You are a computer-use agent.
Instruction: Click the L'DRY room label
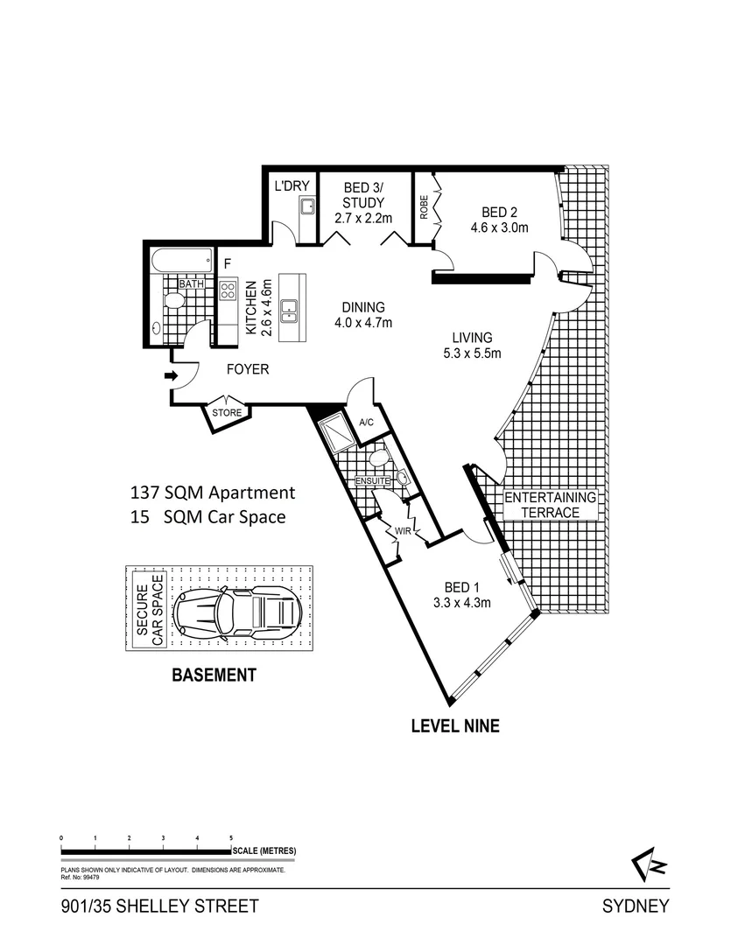click(x=292, y=185)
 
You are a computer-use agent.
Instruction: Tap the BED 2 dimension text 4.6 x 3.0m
click(x=499, y=227)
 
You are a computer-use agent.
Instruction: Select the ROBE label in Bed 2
click(x=424, y=206)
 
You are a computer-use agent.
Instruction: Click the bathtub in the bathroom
click(x=181, y=262)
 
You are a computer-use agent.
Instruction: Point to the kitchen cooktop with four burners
click(x=228, y=290)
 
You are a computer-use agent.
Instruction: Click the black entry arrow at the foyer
click(x=171, y=376)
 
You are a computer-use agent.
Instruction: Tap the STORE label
click(x=227, y=413)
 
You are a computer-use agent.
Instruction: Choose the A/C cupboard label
click(x=366, y=423)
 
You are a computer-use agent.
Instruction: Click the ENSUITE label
click(x=372, y=481)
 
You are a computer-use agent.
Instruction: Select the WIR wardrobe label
click(x=403, y=531)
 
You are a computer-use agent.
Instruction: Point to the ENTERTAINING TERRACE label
click(x=550, y=505)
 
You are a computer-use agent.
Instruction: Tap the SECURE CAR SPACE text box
click(x=151, y=609)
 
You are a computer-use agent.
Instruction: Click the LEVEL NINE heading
click(x=455, y=725)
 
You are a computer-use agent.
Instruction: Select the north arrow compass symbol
click(x=649, y=864)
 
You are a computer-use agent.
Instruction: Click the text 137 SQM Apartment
click(x=213, y=493)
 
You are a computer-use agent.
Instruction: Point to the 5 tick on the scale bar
click(x=231, y=837)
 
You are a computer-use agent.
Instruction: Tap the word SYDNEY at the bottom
click(x=636, y=906)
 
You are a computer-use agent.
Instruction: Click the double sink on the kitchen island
click(x=291, y=309)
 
